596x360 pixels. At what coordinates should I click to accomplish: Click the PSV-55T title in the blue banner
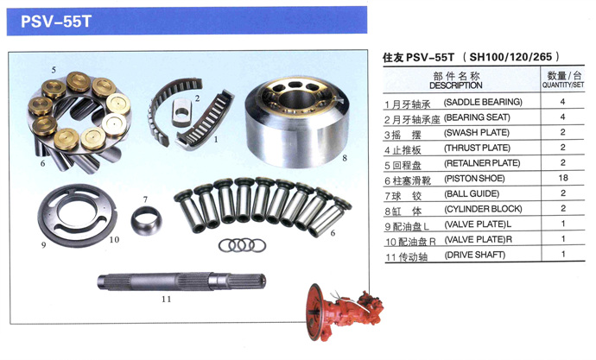[56, 22]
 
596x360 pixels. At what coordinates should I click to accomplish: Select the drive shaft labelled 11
[181, 281]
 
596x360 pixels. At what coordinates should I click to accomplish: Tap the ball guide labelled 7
[146, 220]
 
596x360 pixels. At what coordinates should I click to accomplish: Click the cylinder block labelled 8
[297, 121]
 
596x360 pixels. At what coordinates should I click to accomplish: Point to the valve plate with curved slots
[77, 215]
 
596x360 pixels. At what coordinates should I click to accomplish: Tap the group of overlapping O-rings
[242, 245]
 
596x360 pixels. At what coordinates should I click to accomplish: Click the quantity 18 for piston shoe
[563, 178]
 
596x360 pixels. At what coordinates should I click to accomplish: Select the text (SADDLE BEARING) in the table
[483, 102]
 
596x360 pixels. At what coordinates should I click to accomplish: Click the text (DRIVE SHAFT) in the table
[475, 255]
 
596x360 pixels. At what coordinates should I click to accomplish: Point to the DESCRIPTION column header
[456, 85]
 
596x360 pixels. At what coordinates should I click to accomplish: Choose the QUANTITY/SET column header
[563, 85]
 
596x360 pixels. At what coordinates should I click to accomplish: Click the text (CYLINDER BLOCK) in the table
[483, 209]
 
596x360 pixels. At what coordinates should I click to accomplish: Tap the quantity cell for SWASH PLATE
[563, 132]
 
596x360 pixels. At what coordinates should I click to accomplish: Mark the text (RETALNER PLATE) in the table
[482, 163]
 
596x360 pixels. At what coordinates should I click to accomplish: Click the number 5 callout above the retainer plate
[54, 70]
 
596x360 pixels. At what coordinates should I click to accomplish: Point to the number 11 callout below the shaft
[166, 300]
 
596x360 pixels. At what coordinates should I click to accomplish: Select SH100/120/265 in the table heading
[510, 57]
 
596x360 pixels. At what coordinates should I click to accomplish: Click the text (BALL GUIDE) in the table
[472, 193]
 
